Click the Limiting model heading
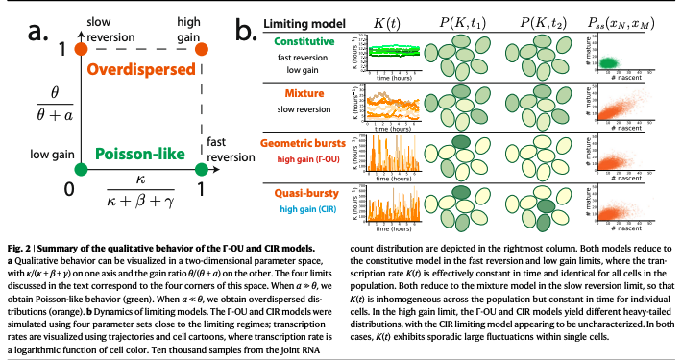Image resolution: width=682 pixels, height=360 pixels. [x=308, y=22]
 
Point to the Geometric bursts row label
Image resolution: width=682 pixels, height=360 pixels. [x=308, y=143]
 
